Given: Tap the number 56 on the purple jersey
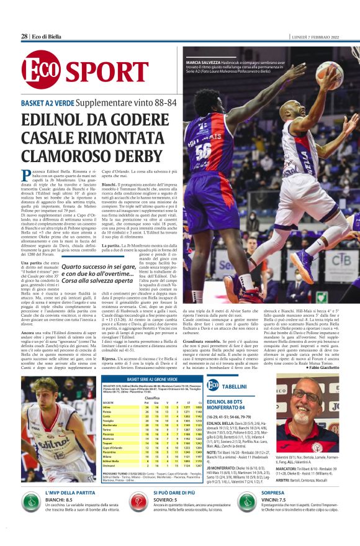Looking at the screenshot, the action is point(203,151).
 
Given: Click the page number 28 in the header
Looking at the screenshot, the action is point(24,36).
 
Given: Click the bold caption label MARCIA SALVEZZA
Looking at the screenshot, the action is point(204,62).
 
